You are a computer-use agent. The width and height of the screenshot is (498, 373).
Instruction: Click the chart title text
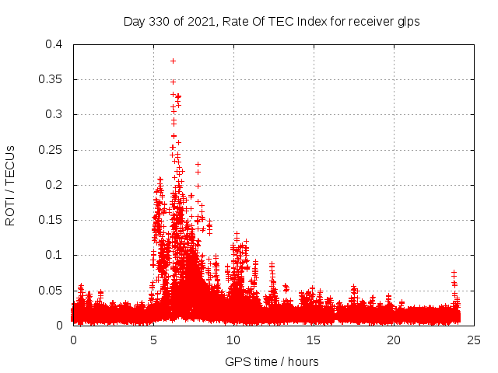coord(272,22)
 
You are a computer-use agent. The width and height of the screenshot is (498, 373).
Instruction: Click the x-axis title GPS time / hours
coord(272,361)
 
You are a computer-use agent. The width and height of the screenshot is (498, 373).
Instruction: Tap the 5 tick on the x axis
coord(153,340)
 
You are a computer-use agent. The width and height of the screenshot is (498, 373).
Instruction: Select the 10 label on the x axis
coord(233,340)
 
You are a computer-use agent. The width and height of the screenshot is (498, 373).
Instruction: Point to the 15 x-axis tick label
coord(314,340)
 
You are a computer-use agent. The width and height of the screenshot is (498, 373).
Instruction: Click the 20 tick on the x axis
coord(394,340)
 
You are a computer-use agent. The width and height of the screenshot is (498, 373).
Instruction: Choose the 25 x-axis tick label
coord(473,340)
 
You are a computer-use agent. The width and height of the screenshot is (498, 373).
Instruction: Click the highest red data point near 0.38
coord(173,61)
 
